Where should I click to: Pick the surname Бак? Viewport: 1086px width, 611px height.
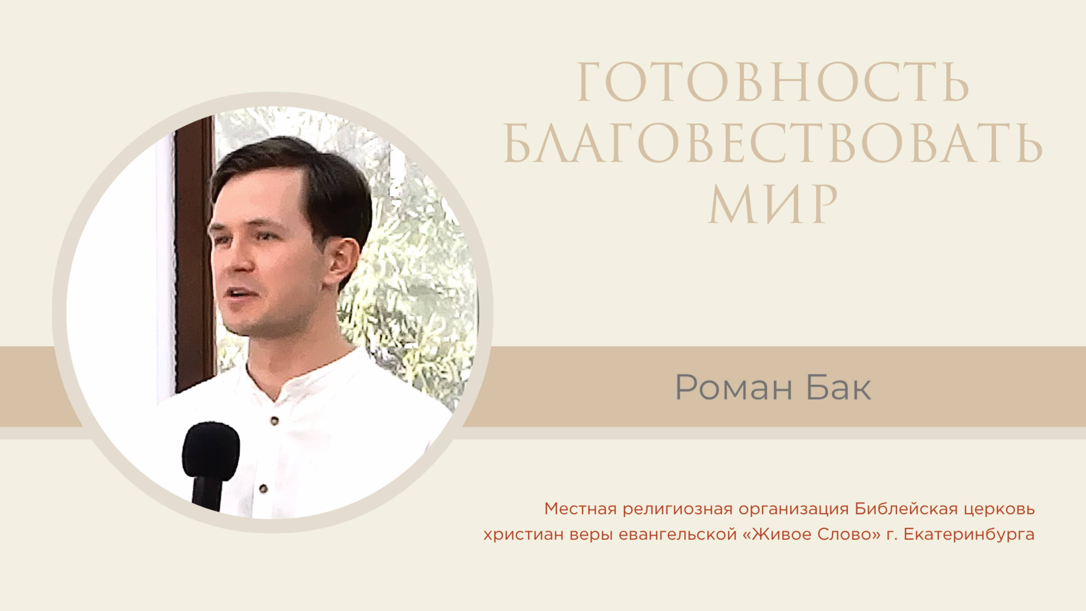point(839,388)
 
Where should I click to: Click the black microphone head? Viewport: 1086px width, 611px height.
point(211,449)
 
